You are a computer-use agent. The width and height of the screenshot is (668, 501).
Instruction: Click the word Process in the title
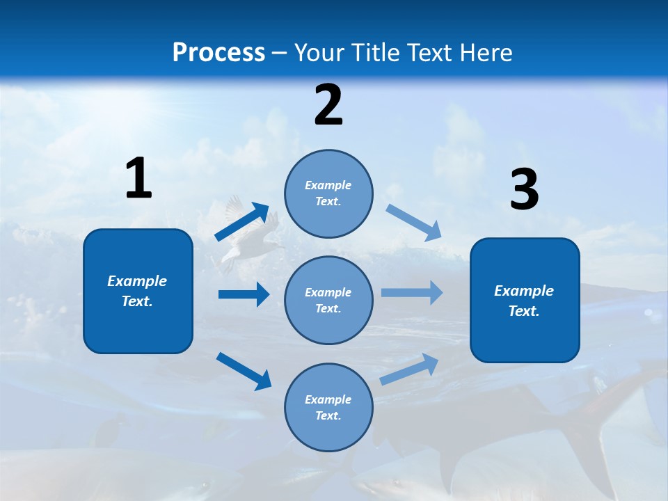(218, 53)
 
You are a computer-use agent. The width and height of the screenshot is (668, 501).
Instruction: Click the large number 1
(138, 179)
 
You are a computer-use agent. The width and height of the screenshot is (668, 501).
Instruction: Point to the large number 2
(328, 105)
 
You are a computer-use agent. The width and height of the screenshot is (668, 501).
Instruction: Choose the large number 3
(524, 190)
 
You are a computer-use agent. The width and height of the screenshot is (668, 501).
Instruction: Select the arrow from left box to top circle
(242, 222)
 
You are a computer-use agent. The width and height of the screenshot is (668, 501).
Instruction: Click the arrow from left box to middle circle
(244, 294)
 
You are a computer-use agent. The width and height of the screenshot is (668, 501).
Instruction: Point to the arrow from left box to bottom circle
(244, 371)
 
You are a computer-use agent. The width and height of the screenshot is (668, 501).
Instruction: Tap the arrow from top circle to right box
(413, 223)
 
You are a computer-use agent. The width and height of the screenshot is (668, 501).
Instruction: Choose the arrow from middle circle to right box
(412, 292)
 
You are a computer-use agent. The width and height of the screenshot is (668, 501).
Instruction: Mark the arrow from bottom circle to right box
(409, 369)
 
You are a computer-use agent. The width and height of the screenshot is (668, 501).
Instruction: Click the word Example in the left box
(137, 281)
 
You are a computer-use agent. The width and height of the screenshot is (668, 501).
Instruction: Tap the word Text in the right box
(523, 311)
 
